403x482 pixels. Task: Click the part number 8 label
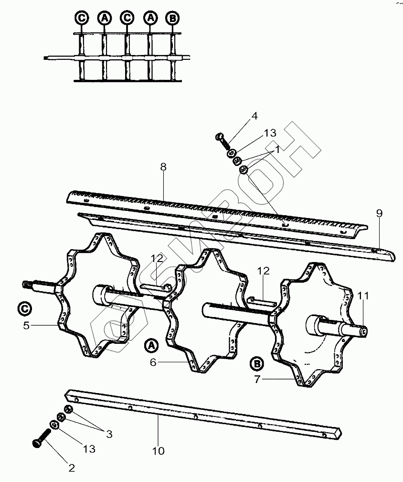coord(163,167)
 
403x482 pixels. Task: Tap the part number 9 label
coord(379,214)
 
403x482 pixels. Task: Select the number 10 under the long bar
coord(159,450)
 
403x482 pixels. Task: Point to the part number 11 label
coord(364,296)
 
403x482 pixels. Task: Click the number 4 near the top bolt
coord(255,116)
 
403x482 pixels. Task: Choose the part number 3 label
coord(109,434)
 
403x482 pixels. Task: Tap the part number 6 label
coord(153,362)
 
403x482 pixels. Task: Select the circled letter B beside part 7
coord(257,364)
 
